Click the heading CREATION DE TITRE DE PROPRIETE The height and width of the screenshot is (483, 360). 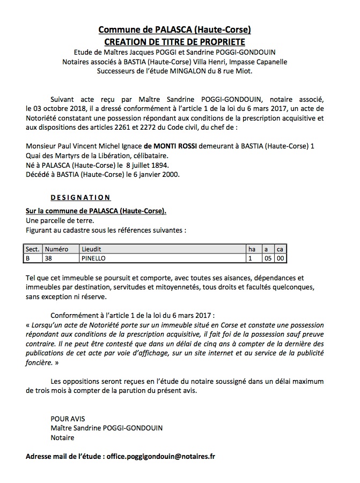pos(175,41)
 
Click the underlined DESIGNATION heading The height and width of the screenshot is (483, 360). pos(80,197)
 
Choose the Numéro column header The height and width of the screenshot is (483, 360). pos(57,249)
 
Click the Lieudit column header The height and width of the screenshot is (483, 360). pos(91,249)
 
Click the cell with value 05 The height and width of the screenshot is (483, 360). pos(267,258)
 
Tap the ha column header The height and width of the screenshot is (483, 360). pos(251,249)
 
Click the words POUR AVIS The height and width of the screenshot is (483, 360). pos(68,418)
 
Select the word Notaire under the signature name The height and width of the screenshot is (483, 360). pos(63,437)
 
